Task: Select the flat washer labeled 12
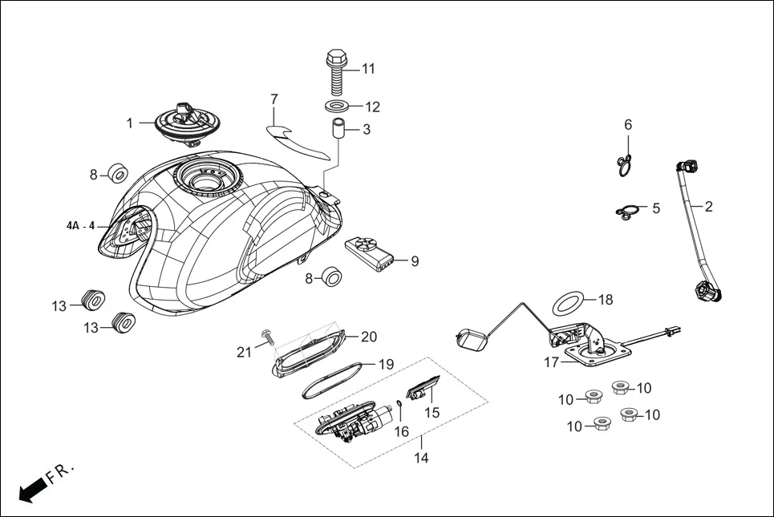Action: click(337, 107)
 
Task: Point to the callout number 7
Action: click(274, 99)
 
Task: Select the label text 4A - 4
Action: click(80, 226)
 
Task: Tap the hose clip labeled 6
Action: click(624, 164)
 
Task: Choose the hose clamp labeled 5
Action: click(627, 212)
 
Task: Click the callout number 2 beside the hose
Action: click(708, 206)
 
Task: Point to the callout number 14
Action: click(421, 458)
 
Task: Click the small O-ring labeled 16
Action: click(399, 403)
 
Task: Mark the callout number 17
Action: click(551, 362)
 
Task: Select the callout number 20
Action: click(368, 337)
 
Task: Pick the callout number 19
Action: click(386, 364)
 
